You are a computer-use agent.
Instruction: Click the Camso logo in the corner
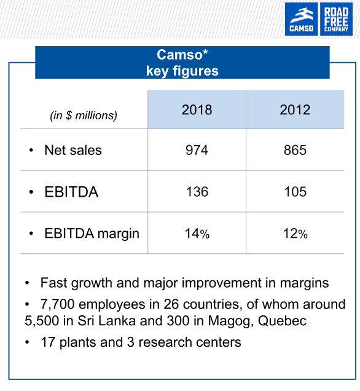(x=301, y=19)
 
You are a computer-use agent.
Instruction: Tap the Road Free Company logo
(x=336, y=19)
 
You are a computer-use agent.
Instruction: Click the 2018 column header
(x=197, y=109)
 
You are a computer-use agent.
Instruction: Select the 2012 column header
(x=295, y=109)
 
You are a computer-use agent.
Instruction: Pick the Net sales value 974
(x=197, y=150)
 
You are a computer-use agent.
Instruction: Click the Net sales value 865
(x=295, y=150)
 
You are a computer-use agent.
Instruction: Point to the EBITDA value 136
(x=197, y=192)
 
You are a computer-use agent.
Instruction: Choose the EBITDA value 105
(x=295, y=192)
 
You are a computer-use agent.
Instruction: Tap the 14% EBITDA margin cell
(x=197, y=234)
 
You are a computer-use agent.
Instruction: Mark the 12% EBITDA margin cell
(x=295, y=234)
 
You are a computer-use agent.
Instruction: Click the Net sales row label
(x=73, y=150)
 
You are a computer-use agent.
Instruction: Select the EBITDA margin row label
(x=92, y=234)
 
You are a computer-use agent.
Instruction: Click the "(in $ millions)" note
(x=84, y=116)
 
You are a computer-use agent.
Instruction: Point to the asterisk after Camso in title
(x=205, y=52)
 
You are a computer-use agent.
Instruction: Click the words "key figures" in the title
(x=182, y=71)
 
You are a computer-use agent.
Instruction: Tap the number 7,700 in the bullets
(x=57, y=304)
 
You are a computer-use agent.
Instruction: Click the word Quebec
(x=282, y=321)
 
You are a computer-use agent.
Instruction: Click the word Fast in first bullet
(x=54, y=283)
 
